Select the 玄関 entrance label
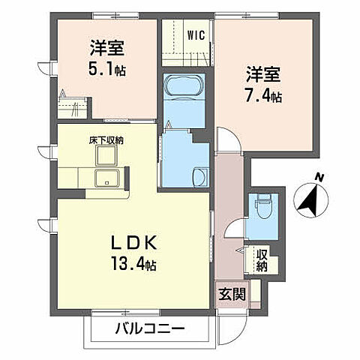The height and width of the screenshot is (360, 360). tap(232, 292)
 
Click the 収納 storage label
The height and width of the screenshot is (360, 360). tap(261, 259)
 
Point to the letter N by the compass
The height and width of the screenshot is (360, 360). tap(319, 177)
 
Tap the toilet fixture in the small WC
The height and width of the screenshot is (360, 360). tap(262, 203)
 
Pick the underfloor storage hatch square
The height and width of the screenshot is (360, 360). tap(105, 155)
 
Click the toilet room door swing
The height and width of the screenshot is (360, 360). tap(236, 232)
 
